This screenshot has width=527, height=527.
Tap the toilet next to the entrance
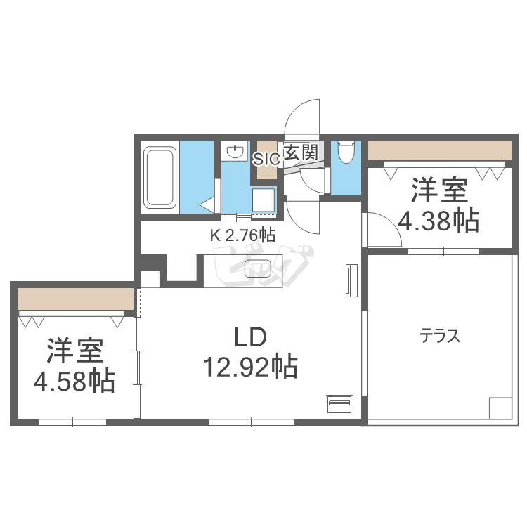[x=345, y=152]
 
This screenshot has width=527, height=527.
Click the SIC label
[x=266, y=158]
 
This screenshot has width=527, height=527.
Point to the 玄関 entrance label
[x=301, y=151]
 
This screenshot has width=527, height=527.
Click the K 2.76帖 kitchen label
[x=242, y=235]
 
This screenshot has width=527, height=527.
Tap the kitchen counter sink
[x=258, y=268]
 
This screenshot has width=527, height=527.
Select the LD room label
[x=249, y=338]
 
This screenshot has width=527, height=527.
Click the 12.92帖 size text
[x=249, y=366]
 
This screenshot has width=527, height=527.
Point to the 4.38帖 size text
[x=439, y=221]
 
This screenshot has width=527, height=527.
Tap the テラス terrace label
[x=440, y=337]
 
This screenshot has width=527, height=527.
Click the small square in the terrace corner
[x=500, y=408]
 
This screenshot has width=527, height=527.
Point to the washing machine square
[x=263, y=201]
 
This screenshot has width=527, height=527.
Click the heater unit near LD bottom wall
[x=338, y=403]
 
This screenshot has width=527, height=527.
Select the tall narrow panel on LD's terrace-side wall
[x=351, y=280]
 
